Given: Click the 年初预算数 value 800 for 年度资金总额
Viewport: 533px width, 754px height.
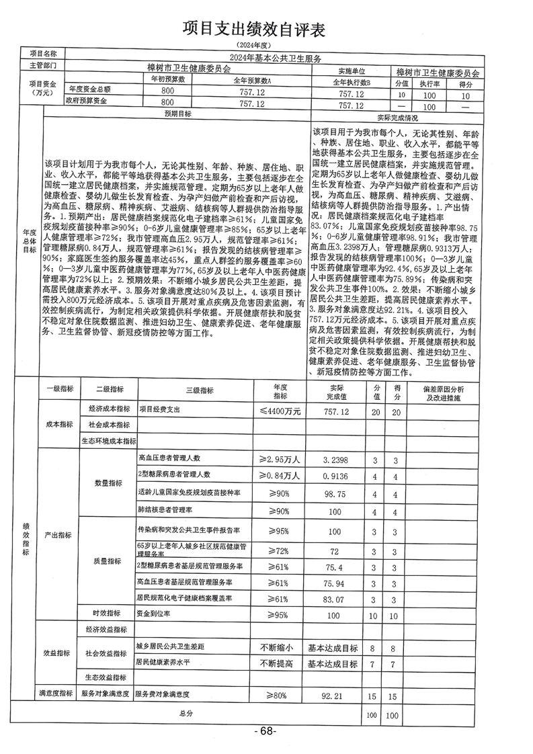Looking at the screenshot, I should coord(162,90).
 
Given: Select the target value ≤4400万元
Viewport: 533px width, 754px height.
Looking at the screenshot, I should coord(280,409).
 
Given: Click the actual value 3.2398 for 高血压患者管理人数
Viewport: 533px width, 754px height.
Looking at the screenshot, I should coord(334,460).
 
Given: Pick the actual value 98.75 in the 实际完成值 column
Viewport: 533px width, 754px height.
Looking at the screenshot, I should coord(334,494).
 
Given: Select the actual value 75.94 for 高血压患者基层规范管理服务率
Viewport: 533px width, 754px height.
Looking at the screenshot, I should coord(334,582).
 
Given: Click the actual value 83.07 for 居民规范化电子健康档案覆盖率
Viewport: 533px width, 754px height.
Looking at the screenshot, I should coord(334,599).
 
